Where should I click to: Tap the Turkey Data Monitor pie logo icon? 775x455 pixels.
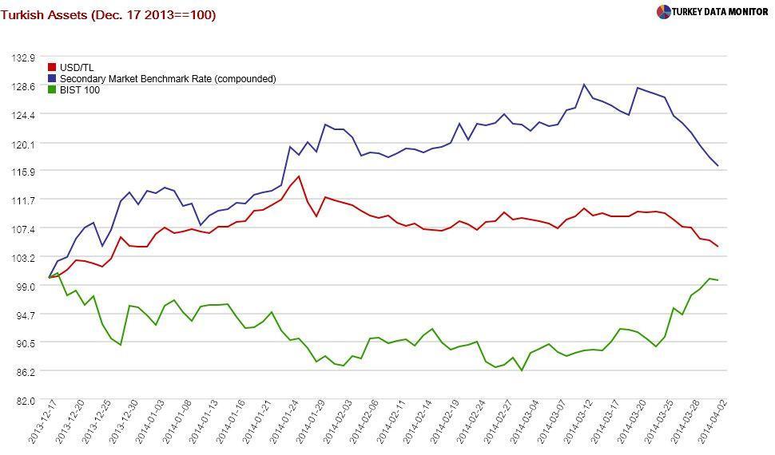[x=663, y=12]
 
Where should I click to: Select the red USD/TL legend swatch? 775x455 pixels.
[x=53, y=68]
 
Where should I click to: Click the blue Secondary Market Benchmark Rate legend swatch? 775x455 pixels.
[x=53, y=79]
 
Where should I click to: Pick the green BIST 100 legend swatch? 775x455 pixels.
[x=53, y=90]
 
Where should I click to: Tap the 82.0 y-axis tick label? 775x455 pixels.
[x=25, y=401]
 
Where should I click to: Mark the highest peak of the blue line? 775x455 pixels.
[x=584, y=84]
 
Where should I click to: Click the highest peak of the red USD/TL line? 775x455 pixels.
[x=299, y=176]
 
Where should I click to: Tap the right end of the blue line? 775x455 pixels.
[x=717, y=166]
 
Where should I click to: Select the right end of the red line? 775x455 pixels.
[x=717, y=247]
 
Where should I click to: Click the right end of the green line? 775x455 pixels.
[x=717, y=280]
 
